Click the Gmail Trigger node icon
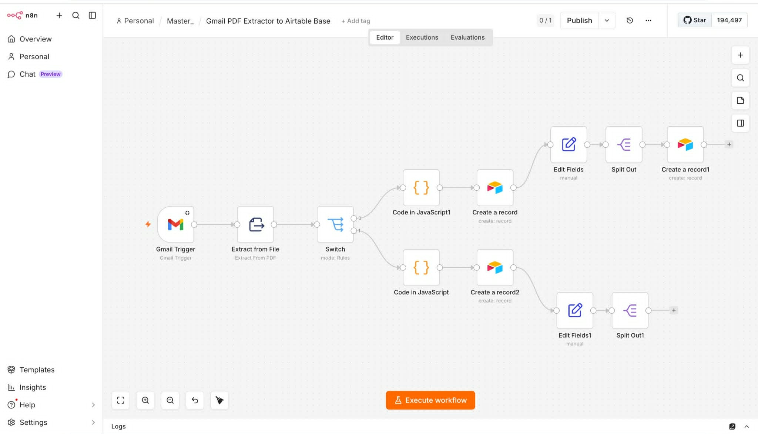coord(175,224)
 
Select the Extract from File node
coord(255,224)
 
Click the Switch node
coord(335,224)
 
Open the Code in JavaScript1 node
coord(421,188)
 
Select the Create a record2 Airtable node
coord(495,267)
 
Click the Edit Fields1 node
coord(575,310)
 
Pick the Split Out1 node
coord(630,310)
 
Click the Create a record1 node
coord(685,144)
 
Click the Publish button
coord(579,20)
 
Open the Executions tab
coord(422,37)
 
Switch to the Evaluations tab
coord(467,37)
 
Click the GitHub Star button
coord(694,20)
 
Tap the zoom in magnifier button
coord(145,400)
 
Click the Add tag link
coord(356,21)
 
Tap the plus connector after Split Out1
coord(674,310)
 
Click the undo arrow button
coord(195,400)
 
